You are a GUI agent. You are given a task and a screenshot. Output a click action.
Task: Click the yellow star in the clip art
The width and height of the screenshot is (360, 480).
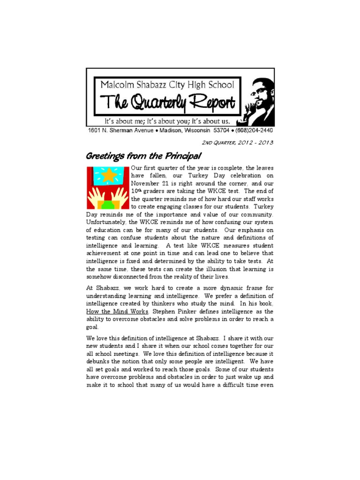coord(108,175)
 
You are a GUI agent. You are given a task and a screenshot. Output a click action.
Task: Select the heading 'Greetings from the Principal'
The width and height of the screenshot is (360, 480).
coord(143,156)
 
